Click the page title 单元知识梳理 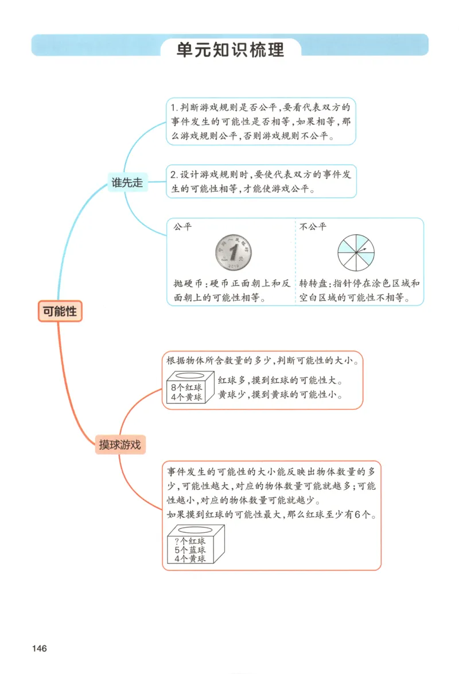pyautogui.click(x=230, y=49)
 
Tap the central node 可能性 pyautogui.click(x=60, y=311)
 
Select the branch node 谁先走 pyautogui.click(x=127, y=182)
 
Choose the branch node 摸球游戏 pyautogui.click(x=119, y=444)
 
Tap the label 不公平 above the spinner pyautogui.click(x=313, y=227)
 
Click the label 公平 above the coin pyautogui.click(x=182, y=227)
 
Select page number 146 pyautogui.click(x=39, y=649)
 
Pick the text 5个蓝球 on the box pyautogui.click(x=190, y=549)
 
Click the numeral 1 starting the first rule pyautogui.click(x=173, y=107)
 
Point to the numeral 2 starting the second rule pyautogui.click(x=173, y=174)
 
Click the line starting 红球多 pyautogui.click(x=283, y=381)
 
